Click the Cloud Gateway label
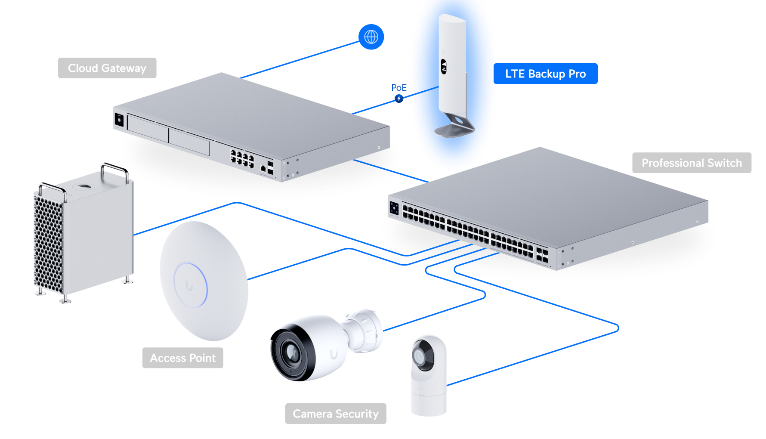[107, 68]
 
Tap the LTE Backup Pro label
[545, 74]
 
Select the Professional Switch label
[692, 163]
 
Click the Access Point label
[183, 358]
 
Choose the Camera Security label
[336, 414]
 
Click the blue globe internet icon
[371, 37]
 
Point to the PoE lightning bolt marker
[399, 99]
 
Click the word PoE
[399, 87]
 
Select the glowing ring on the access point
[191, 284]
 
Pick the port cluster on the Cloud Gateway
[242, 158]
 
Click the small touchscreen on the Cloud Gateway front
[119, 120]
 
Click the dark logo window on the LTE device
[444, 67]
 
